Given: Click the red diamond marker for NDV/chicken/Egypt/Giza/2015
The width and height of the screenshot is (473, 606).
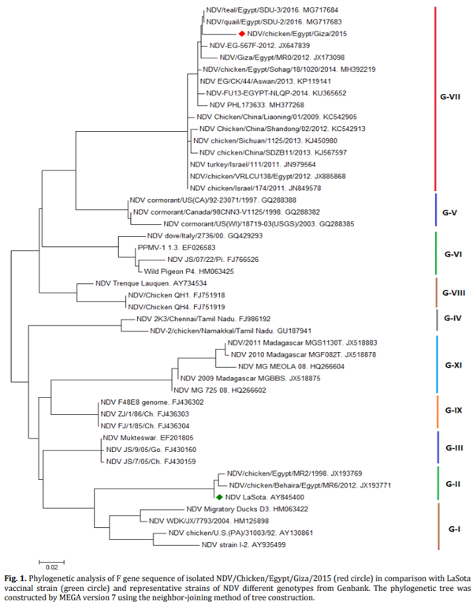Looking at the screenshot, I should [x=242, y=35].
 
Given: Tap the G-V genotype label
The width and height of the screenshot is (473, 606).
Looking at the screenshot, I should [x=450, y=213].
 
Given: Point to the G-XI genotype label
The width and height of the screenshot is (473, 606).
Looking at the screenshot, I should [x=453, y=365].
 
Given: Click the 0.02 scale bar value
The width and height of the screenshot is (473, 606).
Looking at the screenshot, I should [x=50, y=567].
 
